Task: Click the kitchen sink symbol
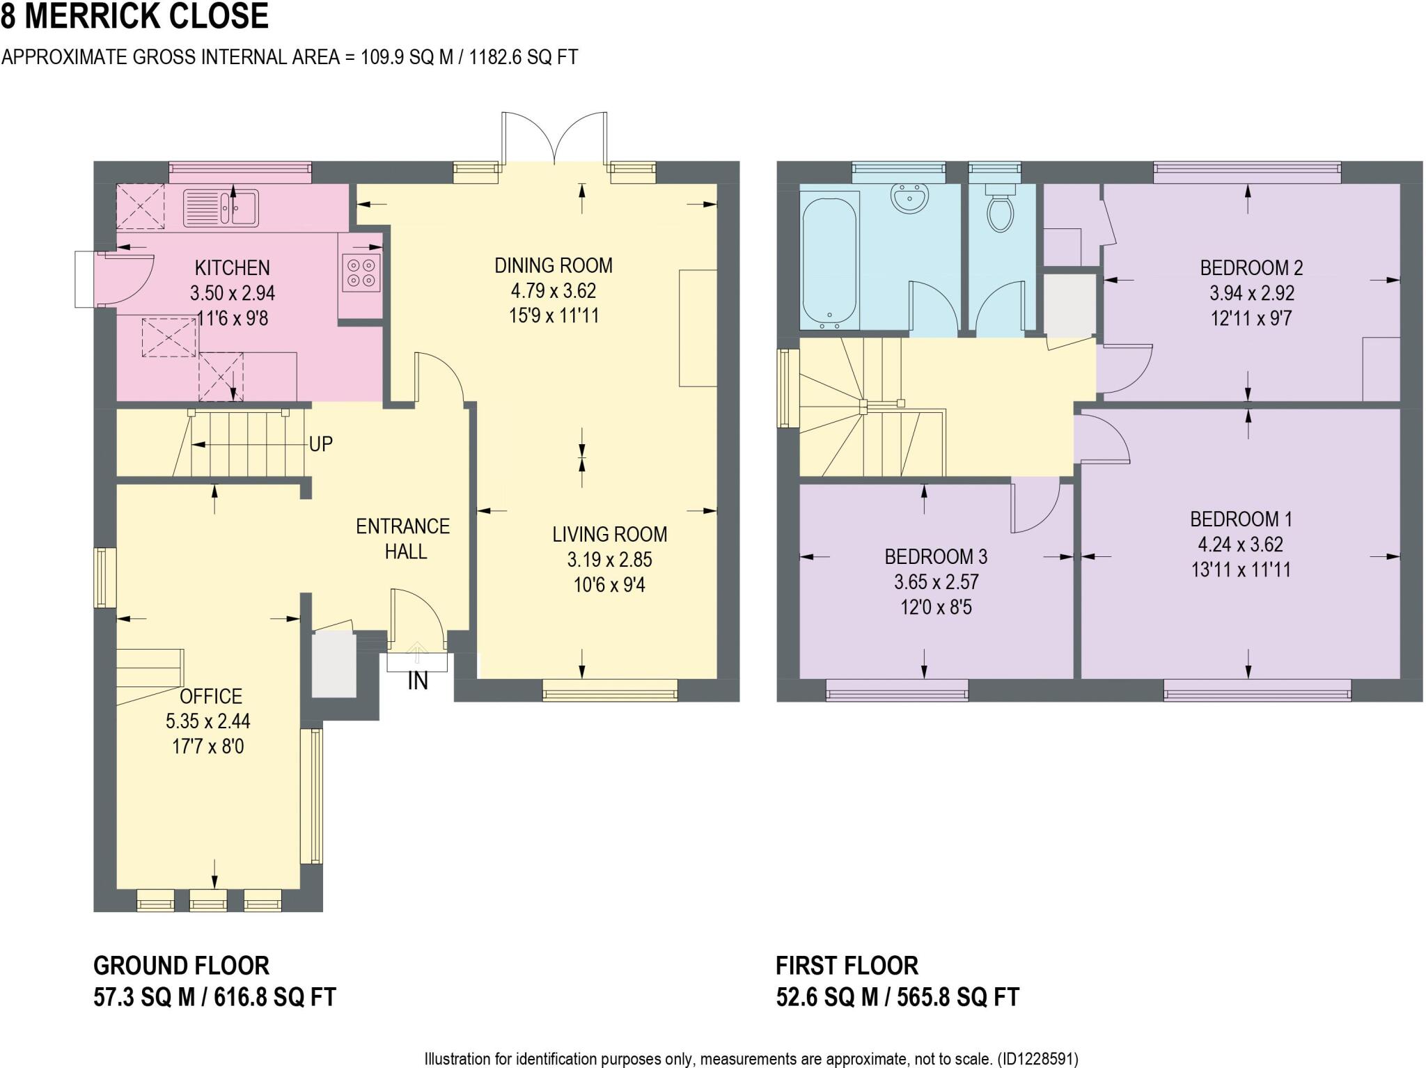pos(221,208)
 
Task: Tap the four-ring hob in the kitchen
pos(361,273)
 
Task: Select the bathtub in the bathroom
pos(829,260)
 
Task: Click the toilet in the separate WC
pos(1000,211)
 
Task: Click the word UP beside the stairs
pos(320,444)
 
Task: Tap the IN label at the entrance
pos(417,682)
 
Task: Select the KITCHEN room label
pos(232,268)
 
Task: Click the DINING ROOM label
pos(554,265)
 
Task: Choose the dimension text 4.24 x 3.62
pos(1241,544)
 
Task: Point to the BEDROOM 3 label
pos(935,557)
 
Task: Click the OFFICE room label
pos(211,696)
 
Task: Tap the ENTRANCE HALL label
pos(402,539)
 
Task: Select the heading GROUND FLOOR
pos(181,966)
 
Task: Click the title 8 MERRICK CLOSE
pos(134,16)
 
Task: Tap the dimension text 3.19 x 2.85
pos(609,560)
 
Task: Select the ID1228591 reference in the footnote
pos(1037,1059)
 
